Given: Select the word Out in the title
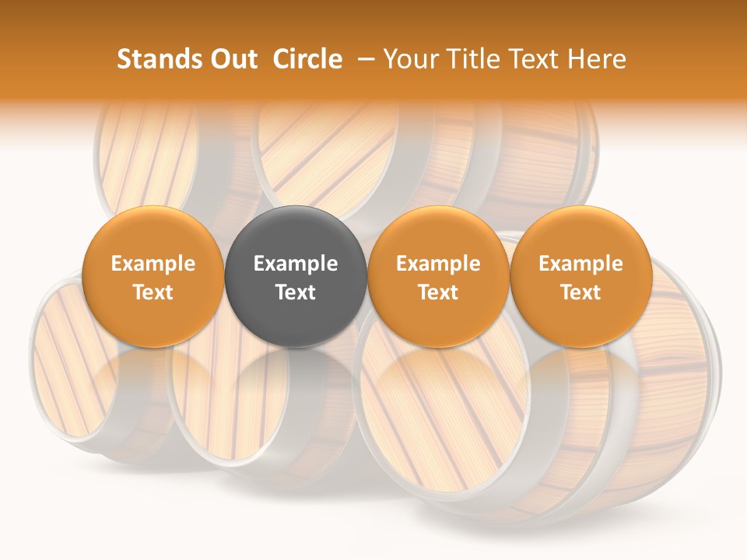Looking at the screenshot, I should (x=231, y=59).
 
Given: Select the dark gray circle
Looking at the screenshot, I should (x=296, y=276).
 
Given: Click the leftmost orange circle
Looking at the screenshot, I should (x=153, y=276).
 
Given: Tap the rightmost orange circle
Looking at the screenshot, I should (x=581, y=276).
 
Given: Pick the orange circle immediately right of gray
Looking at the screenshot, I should (x=438, y=276).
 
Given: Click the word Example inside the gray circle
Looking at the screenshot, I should (x=296, y=264).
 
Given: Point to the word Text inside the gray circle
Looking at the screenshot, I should (x=296, y=292).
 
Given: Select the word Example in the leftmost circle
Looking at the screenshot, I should (x=153, y=264).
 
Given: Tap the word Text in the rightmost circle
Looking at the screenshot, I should (x=581, y=292).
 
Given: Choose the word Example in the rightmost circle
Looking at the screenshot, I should (x=581, y=264).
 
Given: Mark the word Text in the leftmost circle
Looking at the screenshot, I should (x=153, y=292).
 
